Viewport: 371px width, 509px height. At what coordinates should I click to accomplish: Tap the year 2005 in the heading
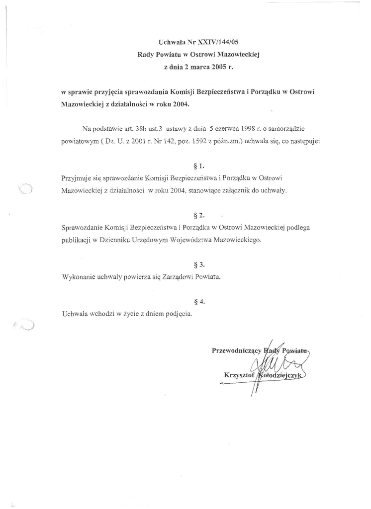(218, 66)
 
